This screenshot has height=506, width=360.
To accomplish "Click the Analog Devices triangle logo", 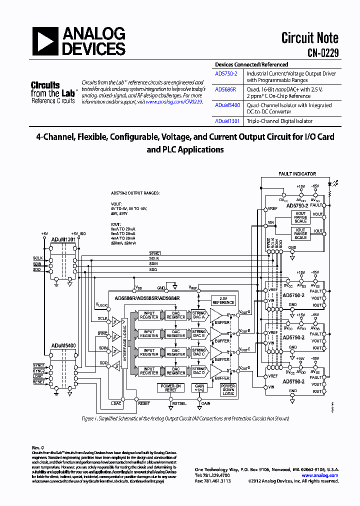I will (x=46, y=41).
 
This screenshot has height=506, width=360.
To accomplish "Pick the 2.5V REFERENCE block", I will (x=223, y=300).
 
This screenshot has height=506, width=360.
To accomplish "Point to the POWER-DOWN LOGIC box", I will (x=228, y=390).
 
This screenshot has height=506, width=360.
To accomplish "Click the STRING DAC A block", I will (x=199, y=315).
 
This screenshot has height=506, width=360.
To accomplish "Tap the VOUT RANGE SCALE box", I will (x=300, y=217).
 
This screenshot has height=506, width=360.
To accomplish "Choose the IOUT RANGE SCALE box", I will (x=300, y=234).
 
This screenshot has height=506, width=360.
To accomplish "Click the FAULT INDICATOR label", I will (x=297, y=174).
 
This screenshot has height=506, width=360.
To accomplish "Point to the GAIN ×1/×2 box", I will (x=200, y=388).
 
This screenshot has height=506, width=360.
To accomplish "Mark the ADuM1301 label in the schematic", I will (x=63, y=239).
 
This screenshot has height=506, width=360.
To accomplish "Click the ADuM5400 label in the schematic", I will (x=63, y=345).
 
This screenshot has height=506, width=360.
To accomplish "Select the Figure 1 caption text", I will (x=185, y=418).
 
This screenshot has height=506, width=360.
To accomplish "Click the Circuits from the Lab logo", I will (x=52, y=93).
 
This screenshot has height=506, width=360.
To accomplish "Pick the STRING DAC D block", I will (x=199, y=370).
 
